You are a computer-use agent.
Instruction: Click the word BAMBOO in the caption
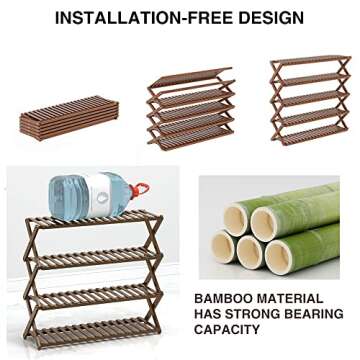coord(219,299)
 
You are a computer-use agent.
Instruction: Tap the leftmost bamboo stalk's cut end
coord(223,246)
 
